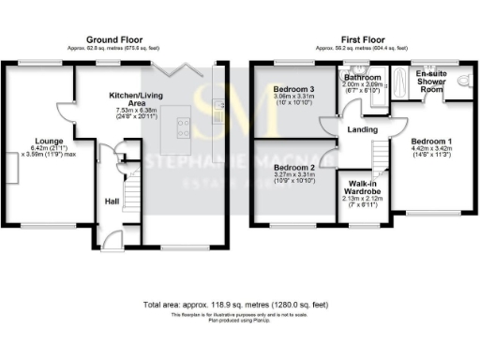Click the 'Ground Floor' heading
tap(114, 39)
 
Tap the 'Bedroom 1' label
tap(431, 139)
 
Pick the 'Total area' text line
tap(239, 306)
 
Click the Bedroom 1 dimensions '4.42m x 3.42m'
tap(431, 147)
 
